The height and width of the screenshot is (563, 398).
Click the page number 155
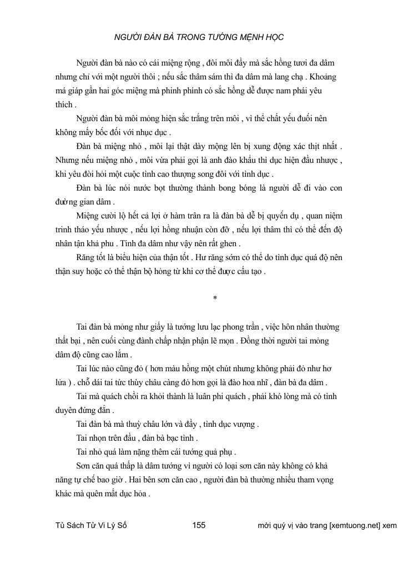pyautogui.click(x=198, y=525)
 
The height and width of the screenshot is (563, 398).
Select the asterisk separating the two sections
pyautogui.click(x=214, y=299)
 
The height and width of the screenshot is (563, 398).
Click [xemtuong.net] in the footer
pyautogui.click(x=355, y=525)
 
